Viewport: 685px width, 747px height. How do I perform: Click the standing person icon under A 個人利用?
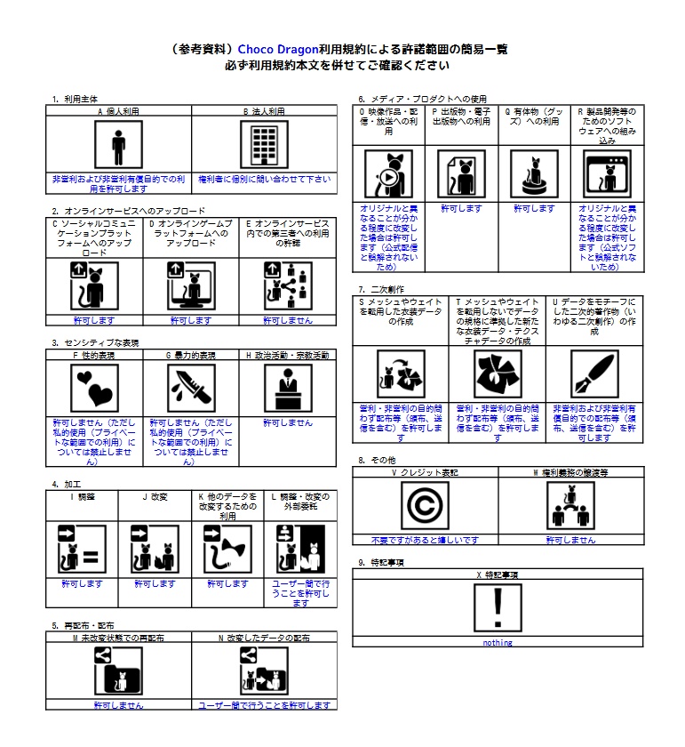pos(118,145)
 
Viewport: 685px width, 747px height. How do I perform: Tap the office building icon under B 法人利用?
pos(264,145)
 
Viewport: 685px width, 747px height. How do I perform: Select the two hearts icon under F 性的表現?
pos(94,389)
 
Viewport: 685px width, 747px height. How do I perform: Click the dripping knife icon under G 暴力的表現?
pos(191,389)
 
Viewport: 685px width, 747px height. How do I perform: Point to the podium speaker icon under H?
pos(288,389)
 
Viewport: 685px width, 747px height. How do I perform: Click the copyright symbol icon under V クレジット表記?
pos(426,506)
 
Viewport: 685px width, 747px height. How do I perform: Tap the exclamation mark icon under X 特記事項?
pos(498,609)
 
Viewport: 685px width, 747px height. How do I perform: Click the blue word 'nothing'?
pos(498,643)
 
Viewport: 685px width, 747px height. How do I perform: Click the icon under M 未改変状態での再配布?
pos(118,671)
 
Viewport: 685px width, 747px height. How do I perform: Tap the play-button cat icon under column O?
pos(388,173)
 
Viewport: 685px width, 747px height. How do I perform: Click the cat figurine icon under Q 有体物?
pos(534,173)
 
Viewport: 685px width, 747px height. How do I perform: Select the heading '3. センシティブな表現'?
pos(96,342)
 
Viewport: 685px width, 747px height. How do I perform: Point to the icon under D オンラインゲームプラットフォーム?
pos(191,285)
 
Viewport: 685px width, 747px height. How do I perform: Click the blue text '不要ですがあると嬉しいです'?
pos(426,540)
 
